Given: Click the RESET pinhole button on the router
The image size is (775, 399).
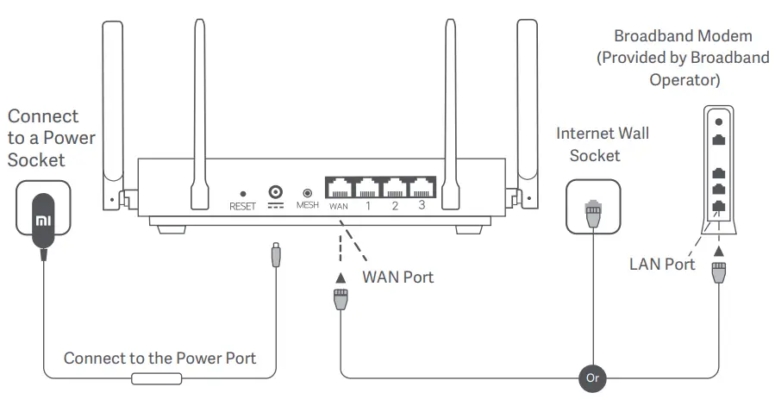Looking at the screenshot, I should click(242, 195).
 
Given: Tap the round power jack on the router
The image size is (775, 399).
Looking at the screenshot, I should click(277, 193).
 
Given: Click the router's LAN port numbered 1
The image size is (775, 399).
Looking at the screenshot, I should click(367, 187).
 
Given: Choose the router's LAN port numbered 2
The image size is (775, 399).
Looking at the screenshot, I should click(395, 187).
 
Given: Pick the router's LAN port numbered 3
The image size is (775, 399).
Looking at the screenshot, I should click(422, 187).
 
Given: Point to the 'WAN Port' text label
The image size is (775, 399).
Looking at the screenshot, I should click(397, 277).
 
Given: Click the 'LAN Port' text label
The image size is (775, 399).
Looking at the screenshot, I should click(662, 264).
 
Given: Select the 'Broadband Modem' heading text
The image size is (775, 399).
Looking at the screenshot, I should click(683, 36).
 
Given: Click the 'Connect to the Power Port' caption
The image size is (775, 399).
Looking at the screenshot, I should click(159, 358).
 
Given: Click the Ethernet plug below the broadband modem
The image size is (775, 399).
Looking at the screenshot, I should click(718, 275).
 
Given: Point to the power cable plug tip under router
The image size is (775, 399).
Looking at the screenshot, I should click(274, 256).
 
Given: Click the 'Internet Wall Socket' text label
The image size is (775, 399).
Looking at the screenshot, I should click(602, 144).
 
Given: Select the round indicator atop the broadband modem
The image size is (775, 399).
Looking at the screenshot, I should click(718, 122).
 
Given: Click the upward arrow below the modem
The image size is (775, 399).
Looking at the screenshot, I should click(718, 251).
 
